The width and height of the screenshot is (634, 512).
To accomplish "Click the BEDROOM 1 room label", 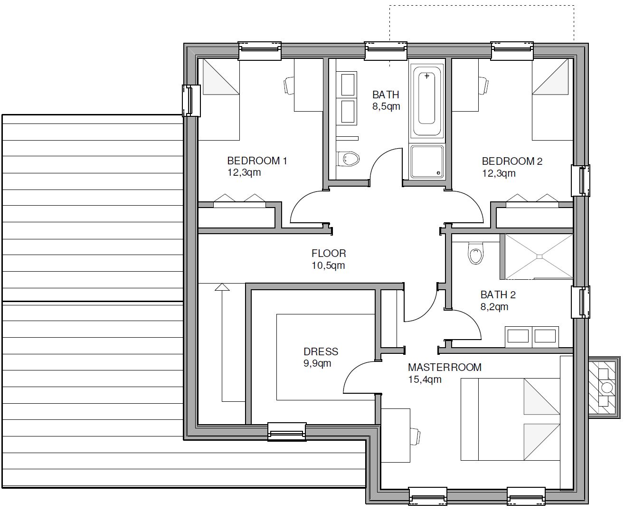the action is tap(257, 161).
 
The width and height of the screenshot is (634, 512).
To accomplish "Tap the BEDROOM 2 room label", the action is tap(512, 161).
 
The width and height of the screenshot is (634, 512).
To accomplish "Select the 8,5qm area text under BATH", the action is tap(386, 106).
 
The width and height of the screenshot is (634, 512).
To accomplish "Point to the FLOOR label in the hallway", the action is tap(329, 253).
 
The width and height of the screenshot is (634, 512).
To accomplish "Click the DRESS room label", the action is tap(321, 351).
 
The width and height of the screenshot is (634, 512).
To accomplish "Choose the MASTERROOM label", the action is tap(445, 367).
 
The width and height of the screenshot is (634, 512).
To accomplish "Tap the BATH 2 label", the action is tap(498, 294).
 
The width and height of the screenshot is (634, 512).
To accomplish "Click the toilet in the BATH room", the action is tap(348, 159).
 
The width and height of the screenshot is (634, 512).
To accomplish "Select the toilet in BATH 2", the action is tap(475, 253).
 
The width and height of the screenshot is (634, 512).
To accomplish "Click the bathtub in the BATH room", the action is tap(426, 98).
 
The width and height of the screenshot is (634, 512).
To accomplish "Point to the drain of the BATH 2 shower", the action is tap(539, 256).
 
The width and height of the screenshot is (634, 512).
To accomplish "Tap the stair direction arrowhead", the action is tap(222, 287).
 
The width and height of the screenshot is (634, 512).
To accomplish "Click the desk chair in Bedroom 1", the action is tap(289, 85).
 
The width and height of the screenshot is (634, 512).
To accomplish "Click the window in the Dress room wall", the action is tap(287, 432).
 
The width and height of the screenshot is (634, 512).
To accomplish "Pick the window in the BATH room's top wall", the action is tap(386, 51).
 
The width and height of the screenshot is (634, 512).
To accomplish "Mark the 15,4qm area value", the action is tap(425, 379).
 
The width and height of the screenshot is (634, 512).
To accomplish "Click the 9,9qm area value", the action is tap(317, 363).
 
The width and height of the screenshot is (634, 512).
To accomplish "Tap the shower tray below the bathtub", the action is tap(427, 161).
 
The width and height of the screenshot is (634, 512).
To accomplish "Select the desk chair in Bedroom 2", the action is tap(483, 85).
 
